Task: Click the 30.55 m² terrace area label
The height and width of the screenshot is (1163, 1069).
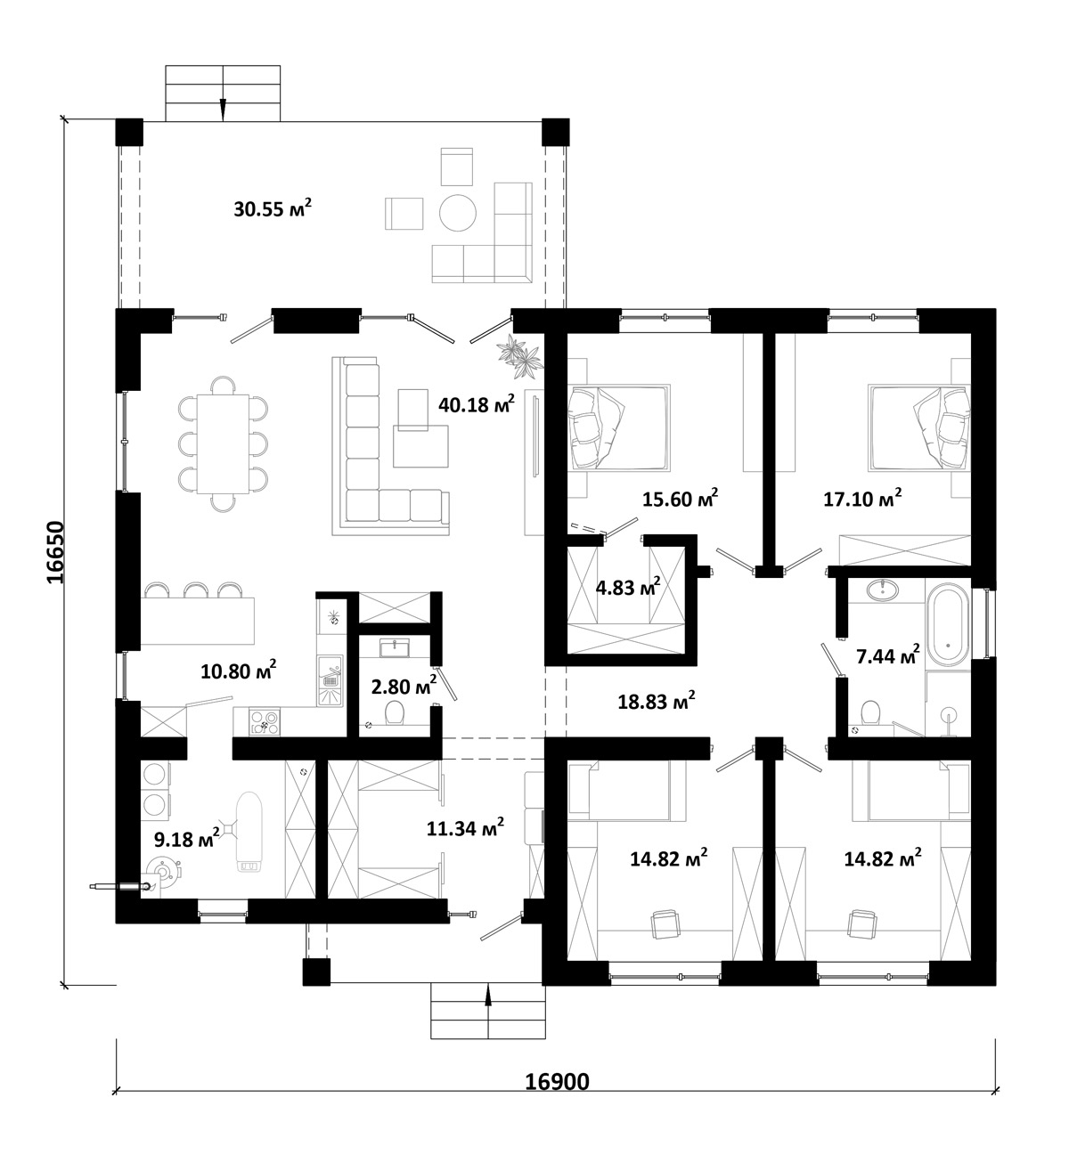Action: pyautogui.click(x=273, y=207)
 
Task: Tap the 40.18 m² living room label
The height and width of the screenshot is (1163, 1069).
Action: pyautogui.click(x=477, y=403)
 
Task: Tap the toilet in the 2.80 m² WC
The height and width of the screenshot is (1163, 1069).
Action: pyautogui.click(x=395, y=712)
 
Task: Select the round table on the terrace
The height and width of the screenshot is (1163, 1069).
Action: pyautogui.click(x=458, y=213)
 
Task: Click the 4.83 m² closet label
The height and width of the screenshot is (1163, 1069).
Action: pyautogui.click(x=628, y=588)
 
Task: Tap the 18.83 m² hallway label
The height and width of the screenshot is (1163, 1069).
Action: pyautogui.click(x=656, y=702)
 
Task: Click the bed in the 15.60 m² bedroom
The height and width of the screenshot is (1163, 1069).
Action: pyautogui.click(x=618, y=427)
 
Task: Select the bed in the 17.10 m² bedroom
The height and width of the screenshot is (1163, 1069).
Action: pyautogui.click(x=918, y=427)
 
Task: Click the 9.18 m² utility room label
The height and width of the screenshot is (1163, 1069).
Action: pyautogui.click(x=186, y=838)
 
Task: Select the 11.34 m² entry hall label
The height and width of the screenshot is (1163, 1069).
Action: pyautogui.click(x=465, y=828)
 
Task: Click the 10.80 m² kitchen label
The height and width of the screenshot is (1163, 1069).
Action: pyautogui.click(x=239, y=671)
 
